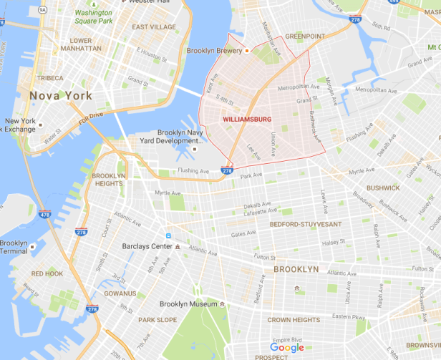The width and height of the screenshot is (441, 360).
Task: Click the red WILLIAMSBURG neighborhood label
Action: (x=247, y=120)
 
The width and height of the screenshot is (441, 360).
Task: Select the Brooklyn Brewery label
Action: (x=213, y=52)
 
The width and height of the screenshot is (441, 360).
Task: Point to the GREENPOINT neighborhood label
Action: (x=305, y=36)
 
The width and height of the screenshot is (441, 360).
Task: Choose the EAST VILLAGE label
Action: (x=154, y=27)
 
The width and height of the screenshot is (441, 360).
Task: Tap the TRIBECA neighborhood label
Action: (x=50, y=78)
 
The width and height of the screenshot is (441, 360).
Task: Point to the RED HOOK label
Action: (x=47, y=274)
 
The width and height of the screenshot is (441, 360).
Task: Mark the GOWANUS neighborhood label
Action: (x=119, y=293)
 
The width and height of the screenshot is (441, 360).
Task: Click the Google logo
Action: (x=287, y=348)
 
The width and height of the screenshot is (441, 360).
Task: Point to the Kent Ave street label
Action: (x=210, y=86)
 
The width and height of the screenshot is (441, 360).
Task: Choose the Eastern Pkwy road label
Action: (x=350, y=316)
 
